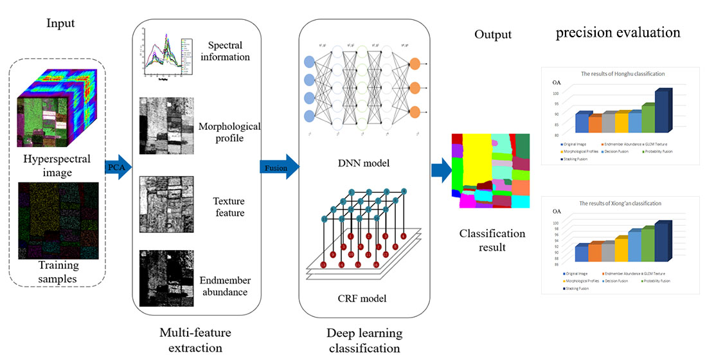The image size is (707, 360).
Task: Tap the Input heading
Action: (60, 24)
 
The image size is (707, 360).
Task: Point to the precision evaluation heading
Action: (618, 32)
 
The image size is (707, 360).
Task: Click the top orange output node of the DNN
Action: (415, 64)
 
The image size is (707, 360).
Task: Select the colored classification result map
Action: (491, 170)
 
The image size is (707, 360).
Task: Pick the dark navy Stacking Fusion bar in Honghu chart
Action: (662, 111)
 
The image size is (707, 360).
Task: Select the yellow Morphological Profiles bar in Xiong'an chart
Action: (621, 249)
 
